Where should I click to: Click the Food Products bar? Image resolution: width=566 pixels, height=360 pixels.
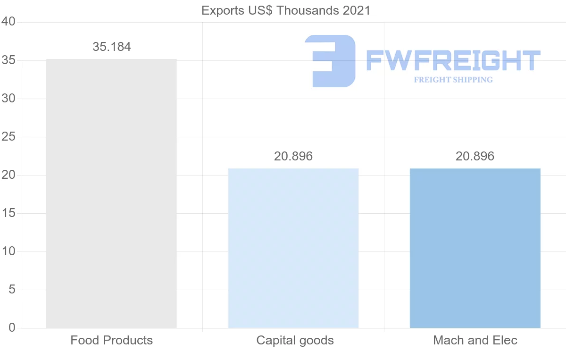111,193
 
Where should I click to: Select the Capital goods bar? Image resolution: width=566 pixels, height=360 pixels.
293,248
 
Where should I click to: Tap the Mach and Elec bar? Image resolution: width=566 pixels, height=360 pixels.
475,248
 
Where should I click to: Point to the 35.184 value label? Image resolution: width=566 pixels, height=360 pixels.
112,47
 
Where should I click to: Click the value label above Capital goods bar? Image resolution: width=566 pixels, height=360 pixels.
293,156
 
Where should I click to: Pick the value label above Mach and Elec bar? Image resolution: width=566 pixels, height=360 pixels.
475,156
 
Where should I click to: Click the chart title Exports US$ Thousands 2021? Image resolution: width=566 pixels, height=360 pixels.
286,10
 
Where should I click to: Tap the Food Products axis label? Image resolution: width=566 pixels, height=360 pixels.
112,340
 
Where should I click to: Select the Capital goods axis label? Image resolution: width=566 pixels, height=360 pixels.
295,340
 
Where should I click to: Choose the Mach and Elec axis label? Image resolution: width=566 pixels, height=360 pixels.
475,340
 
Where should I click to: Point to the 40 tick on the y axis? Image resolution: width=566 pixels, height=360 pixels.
9,22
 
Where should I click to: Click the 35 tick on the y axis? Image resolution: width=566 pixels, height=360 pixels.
9,60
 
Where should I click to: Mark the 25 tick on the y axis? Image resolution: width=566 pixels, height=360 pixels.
9,137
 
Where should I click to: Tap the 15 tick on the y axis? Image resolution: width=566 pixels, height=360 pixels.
9,213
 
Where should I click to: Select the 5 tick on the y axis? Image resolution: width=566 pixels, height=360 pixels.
12,290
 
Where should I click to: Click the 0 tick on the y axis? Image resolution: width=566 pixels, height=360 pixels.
12,328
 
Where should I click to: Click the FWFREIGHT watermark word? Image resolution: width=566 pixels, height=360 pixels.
453,61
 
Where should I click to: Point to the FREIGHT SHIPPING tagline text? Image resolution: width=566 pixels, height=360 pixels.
453,80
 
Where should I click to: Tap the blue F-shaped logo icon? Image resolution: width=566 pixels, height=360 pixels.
330,61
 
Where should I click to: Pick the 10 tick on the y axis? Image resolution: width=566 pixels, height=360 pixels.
9,251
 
